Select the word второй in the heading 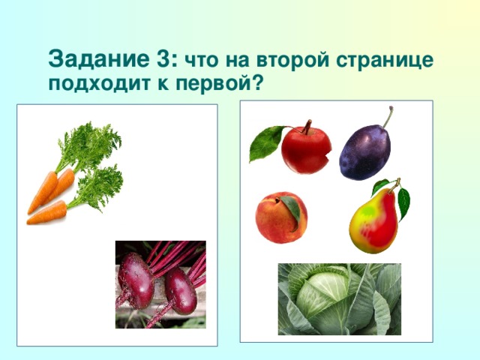coord(295,61)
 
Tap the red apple coord(306,149)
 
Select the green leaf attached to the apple coord(265,142)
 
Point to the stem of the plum coord(388,117)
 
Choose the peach coord(280,217)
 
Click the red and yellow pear coord(374,222)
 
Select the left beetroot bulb coord(136,280)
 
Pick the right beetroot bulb coord(181,290)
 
